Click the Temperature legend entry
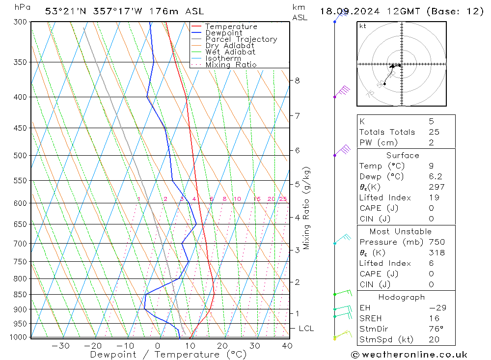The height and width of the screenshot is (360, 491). (x=231, y=27)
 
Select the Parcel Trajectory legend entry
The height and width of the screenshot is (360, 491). (x=241, y=39)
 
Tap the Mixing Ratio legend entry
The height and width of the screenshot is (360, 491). (x=231, y=65)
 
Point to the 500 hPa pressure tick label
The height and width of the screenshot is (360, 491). (x=21, y=156)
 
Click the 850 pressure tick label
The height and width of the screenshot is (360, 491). (x=21, y=295)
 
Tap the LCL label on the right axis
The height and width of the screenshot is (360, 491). (x=306, y=329)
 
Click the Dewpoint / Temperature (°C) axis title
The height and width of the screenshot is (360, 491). (x=168, y=355)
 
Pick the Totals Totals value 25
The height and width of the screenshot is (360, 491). (x=434, y=132)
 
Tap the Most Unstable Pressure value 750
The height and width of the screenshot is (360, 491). (x=436, y=242)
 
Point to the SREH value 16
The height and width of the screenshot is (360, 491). (x=434, y=318)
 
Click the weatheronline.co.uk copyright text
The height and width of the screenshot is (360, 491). (x=409, y=355)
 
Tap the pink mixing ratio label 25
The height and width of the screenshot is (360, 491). (x=283, y=199)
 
